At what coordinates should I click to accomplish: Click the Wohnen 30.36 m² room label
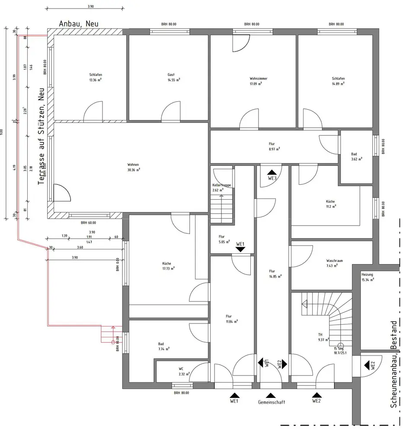click(133, 167)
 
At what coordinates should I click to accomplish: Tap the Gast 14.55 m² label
click(174, 77)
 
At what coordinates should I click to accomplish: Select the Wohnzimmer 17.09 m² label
click(256, 81)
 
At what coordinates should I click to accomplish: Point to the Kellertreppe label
click(221, 187)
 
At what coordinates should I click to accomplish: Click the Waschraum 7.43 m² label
click(335, 263)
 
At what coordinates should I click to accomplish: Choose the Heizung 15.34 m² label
click(368, 277)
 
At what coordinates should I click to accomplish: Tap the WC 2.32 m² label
click(184, 372)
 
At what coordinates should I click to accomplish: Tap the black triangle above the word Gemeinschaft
click(271, 395)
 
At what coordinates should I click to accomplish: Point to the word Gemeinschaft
click(272, 402)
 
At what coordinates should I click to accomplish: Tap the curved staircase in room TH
click(335, 318)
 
